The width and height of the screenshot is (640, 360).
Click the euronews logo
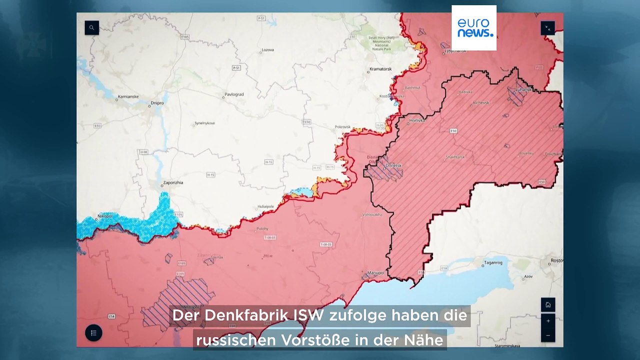click(x=474, y=28)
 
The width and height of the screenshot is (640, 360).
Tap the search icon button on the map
click(x=91, y=27)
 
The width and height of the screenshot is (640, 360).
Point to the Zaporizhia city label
click(x=173, y=182)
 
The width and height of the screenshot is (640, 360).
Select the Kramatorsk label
click(x=380, y=69)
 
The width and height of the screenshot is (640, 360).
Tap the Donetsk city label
click(x=393, y=165)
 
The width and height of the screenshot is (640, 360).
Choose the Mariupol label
click(x=375, y=272)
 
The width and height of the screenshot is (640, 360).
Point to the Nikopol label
click(x=104, y=216)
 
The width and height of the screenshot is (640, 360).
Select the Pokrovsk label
click(x=342, y=126)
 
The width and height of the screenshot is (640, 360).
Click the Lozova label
click(x=267, y=50)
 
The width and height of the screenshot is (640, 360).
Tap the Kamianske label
click(x=128, y=96)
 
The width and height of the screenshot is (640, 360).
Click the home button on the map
click(x=548, y=304)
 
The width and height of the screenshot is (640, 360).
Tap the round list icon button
click(x=93, y=333)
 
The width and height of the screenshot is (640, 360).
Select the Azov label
click(x=528, y=276)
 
